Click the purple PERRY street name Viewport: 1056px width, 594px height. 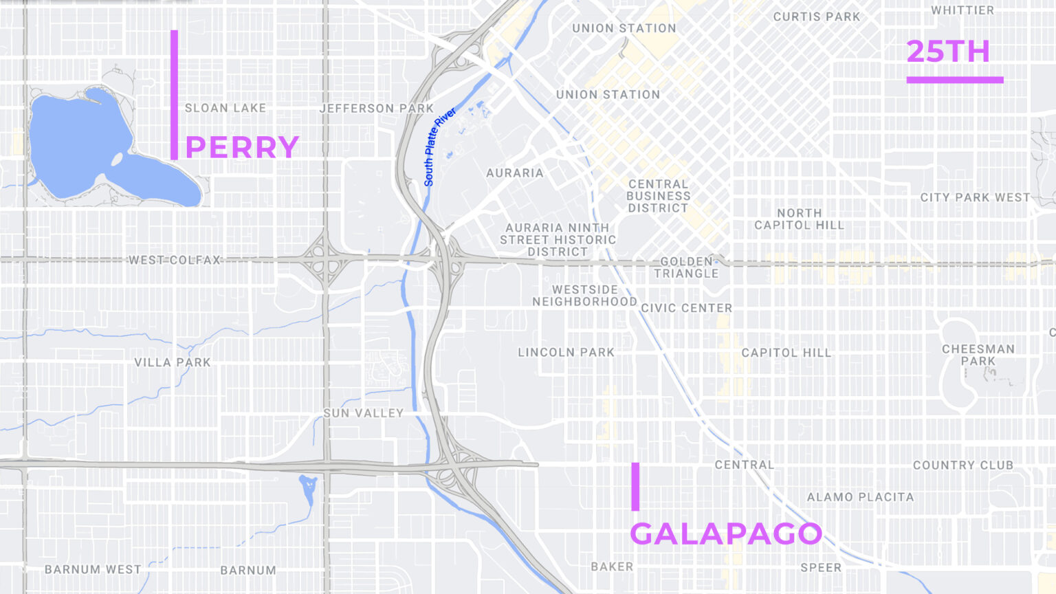click(242, 147)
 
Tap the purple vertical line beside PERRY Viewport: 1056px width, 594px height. click(175, 95)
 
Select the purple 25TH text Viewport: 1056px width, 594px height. click(948, 52)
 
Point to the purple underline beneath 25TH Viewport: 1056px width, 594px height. click(955, 80)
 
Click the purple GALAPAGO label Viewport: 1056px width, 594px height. click(726, 533)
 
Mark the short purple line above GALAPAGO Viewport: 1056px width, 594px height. click(635, 487)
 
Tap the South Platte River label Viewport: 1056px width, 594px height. click(439, 146)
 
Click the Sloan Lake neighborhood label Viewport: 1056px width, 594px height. click(225, 108)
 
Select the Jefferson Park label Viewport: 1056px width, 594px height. click(377, 109)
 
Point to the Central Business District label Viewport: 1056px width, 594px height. click(659, 196)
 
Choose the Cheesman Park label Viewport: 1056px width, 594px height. click(978, 355)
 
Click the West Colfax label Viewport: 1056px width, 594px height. click(175, 260)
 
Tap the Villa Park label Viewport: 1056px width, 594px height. click(173, 362)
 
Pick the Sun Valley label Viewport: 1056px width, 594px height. click(364, 413)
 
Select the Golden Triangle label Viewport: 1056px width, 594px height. click(686, 267)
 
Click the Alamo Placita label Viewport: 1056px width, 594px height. click(860, 497)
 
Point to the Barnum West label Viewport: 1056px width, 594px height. click(93, 569)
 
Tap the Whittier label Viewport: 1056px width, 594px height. click(962, 10)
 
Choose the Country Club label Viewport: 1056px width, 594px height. click(963, 465)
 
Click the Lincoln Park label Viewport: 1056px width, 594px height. click(566, 353)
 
